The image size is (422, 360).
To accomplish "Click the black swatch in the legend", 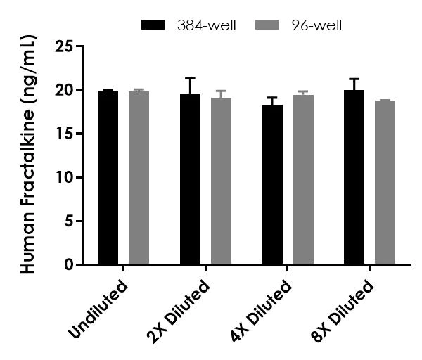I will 154,26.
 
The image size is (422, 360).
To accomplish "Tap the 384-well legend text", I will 207,26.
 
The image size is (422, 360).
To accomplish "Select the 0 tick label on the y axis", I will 68,264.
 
